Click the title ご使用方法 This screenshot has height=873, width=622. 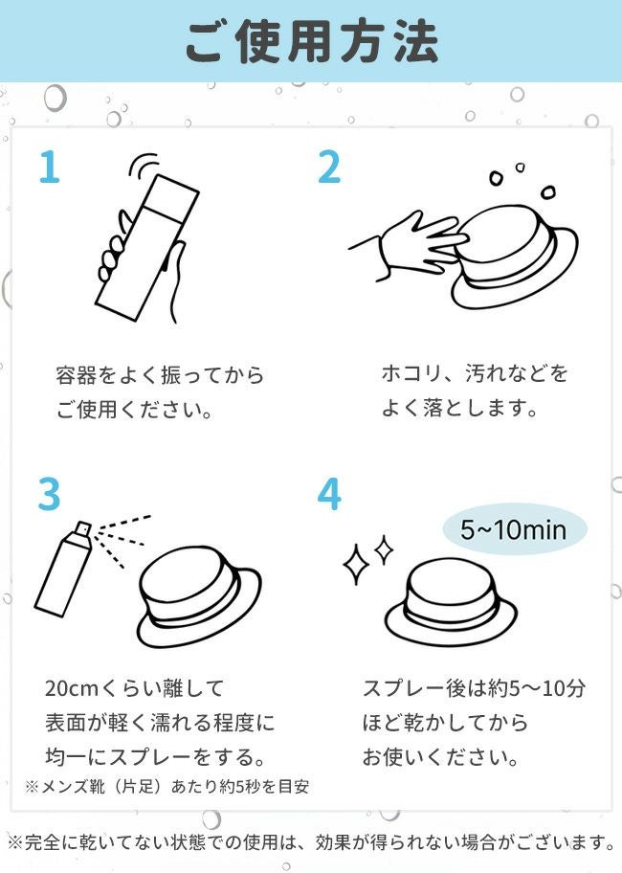click(312, 42)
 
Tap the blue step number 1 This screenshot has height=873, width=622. click(49, 167)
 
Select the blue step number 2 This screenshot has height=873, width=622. click(329, 167)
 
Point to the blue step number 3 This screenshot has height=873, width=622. click(49, 494)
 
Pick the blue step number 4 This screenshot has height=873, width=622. click(329, 494)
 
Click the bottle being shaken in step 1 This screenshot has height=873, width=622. click(146, 248)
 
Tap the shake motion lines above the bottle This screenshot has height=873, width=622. click(143, 166)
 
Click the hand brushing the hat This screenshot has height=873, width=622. click(409, 245)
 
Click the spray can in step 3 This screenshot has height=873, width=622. click(62, 569)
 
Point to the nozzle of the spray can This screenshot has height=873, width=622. click(82, 529)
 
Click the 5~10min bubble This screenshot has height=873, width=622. click(514, 529)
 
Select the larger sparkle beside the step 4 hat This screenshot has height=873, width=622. click(356, 565)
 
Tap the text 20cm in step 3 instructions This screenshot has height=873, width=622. click(72, 688)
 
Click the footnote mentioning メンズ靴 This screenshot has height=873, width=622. click(167, 787)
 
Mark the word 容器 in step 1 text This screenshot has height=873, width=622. click(77, 376)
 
